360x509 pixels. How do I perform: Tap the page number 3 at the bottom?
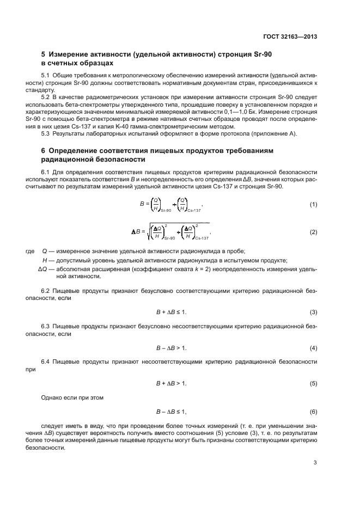[x=315, y=463]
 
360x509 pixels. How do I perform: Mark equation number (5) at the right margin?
[x=313, y=383]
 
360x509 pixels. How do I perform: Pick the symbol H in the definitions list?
[x=37, y=260]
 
